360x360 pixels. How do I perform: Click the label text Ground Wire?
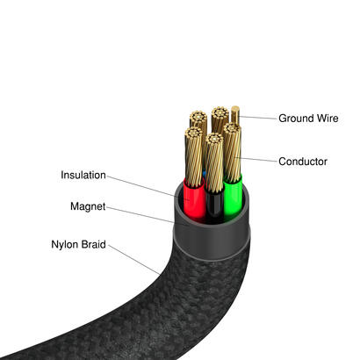308,118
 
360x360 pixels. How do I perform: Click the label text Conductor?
303,162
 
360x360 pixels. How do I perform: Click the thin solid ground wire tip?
235,114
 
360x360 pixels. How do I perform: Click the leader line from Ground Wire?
256,117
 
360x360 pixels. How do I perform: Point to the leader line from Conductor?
257,160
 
